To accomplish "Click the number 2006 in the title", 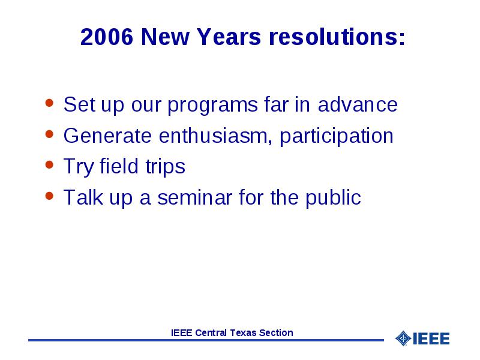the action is point(107,37).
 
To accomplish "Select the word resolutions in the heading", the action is point(337,37).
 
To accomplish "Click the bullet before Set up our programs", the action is point(49,103).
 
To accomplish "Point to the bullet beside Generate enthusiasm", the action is point(49,134).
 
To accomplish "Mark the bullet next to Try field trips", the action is point(49,164).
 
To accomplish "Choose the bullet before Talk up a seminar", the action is point(49,196).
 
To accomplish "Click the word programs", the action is point(213,106).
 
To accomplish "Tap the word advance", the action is point(358,104).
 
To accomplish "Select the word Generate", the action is point(107,136).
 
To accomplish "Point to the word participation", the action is point(337,137).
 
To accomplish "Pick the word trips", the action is point(166,167).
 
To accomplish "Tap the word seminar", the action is point(194,197).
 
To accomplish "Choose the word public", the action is point(333,198).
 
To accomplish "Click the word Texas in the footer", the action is point(244,333).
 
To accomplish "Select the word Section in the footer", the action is point(276,333).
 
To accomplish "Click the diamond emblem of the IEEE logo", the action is point(403,338).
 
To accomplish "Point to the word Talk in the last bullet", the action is point(83,197).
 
